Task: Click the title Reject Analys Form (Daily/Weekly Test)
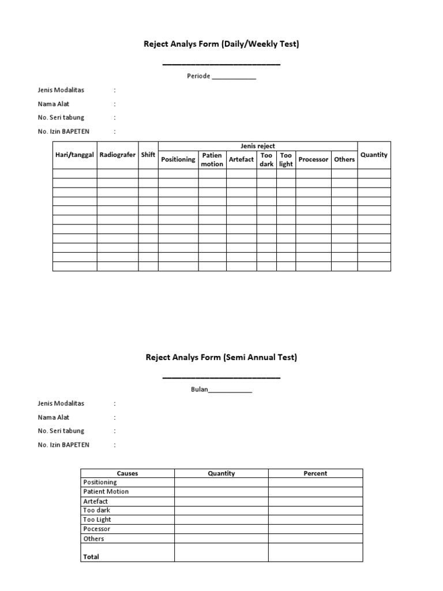[x=221, y=44]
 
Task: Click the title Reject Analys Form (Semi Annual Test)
[x=221, y=357]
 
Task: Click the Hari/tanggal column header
[x=75, y=155]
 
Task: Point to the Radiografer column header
[x=118, y=155]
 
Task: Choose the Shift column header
[x=148, y=155]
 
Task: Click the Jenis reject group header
[x=258, y=146]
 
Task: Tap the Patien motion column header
[x=212, y=160]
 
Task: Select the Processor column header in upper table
[x=313, y=159]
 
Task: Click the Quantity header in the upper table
[x=374, y=155]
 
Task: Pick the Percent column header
[x=316, y=473]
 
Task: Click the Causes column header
[x=127, y=473]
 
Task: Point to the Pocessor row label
[x=97, y=529]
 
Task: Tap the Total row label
[x=91, y=556]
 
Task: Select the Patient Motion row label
[x=106, y=492]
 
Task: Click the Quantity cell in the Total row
[x=221, y=552]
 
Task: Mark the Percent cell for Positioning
[x=316, y=482]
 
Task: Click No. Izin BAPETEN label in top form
[x=63, y=132]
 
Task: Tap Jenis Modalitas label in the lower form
[x=61, y=403]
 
